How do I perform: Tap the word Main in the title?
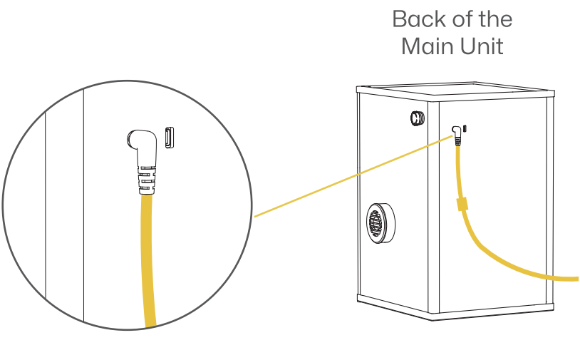pos(428,46)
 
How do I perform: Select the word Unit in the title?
pos(482,46)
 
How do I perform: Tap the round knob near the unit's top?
pos(418,118)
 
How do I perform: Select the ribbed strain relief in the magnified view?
pos(147,180)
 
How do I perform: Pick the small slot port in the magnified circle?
pos(170,138)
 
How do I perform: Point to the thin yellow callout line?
pos(353,176)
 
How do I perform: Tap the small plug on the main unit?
pos(457,135)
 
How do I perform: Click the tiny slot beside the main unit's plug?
pos(465,128)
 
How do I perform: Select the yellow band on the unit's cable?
pos(462,204)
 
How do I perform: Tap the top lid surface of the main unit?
pos(456,88)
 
